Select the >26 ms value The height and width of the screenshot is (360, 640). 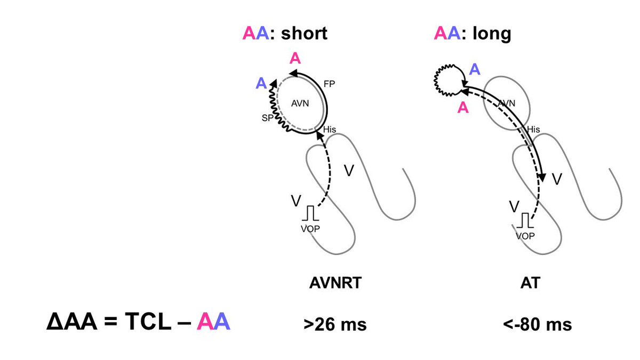coord(335,324)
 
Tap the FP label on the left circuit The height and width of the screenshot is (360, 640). coord(329,84)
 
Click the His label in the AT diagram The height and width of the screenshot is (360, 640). coord(533,130)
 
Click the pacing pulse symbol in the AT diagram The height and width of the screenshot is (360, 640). coord(526,220)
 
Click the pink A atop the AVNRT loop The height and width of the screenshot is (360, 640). coord(294,59)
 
